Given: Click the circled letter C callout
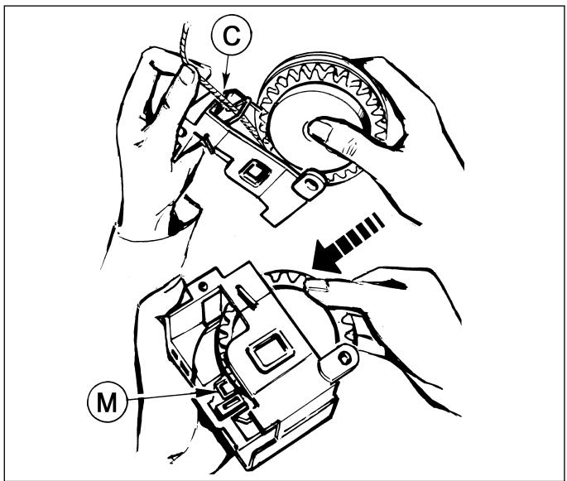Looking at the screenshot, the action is click(x=232, y=35).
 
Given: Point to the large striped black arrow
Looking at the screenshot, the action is click(x=346, y=243).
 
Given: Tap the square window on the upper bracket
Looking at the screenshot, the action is click(x=254, y=172).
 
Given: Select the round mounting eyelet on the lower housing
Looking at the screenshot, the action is click(x=343, y=358).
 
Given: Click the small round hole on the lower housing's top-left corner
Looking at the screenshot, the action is click(x=204, y=286).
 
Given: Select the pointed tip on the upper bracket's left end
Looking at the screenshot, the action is click(x=173, y=160).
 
